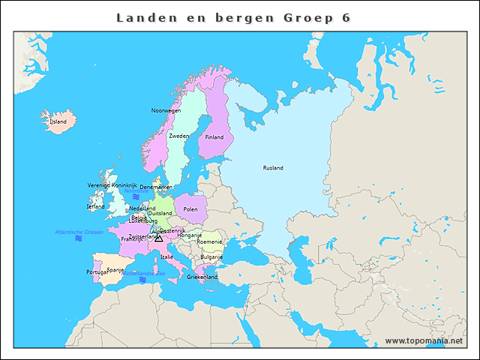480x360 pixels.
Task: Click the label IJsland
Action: [x=58, y=121]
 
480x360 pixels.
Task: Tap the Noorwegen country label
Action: [x=166, y=110]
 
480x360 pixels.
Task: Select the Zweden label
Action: [x=178, y=136]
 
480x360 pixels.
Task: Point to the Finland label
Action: [x=214, y=137]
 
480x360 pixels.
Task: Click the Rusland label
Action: [x=273, y=168]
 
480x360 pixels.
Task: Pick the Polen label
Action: [x=190, y=209]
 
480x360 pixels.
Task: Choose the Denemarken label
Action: [x=156, y=187]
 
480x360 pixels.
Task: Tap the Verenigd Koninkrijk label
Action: [x=112, y=184]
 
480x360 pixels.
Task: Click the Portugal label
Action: [x=96, y=272]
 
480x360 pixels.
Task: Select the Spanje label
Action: [x=115, y=269]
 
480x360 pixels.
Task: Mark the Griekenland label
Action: [x=202, y=277]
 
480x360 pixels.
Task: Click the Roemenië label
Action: [x=209, y=241]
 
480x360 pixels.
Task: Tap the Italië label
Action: [x=166, y=256]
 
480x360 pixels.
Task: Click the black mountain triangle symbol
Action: [x=158, y=238]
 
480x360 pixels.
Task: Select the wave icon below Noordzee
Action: [x=136, y=196]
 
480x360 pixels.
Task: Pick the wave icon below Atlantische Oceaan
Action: [x=79, y=240]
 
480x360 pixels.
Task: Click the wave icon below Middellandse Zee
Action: [x=142, y=280]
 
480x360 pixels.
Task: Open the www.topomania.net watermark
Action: [x=424, y=340]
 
